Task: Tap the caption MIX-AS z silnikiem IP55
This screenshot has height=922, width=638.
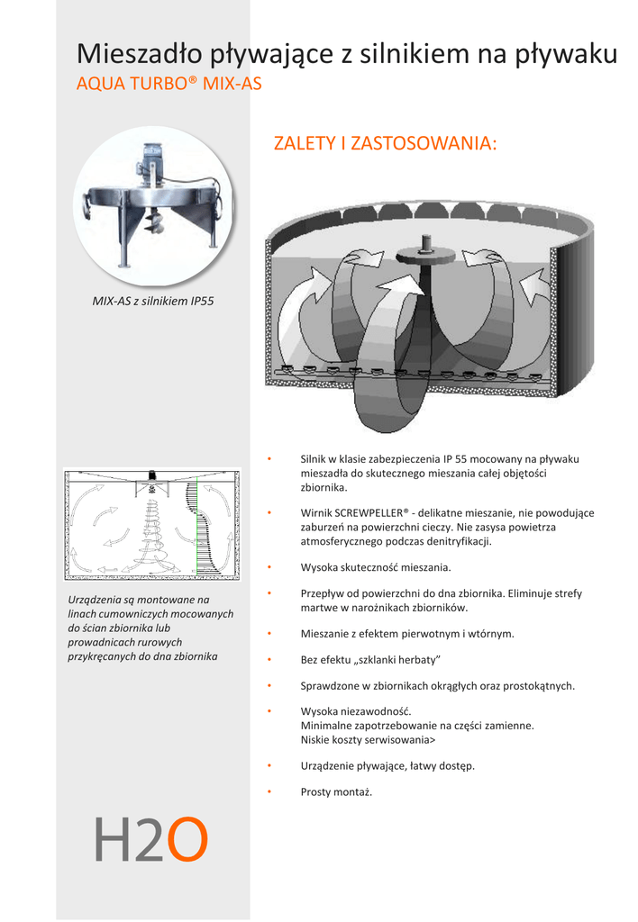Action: click(x=153, y=301)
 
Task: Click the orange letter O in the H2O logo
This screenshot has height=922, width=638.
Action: click(x=188, y=839)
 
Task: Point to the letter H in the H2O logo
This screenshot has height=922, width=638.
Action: click(x=113, y=839)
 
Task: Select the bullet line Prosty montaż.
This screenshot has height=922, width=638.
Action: click(x=336, y=792)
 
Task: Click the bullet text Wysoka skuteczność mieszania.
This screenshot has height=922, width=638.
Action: click(x=375, y=567)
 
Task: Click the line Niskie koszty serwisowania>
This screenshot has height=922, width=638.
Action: click(x=367, y=739)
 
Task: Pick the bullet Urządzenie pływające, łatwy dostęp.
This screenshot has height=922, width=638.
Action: click(x=387, y=766)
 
